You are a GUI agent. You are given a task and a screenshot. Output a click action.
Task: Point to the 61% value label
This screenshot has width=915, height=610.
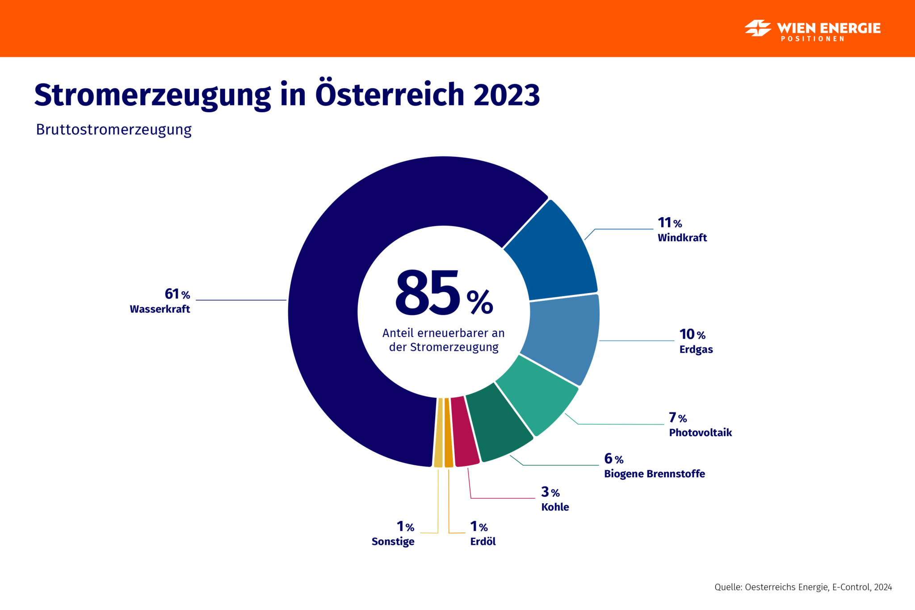tap(177, 294)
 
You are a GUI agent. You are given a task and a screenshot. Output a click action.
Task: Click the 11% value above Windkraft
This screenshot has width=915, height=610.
tap(669, 223)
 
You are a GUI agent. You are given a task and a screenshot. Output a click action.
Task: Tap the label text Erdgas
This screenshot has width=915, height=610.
tap(696, 349)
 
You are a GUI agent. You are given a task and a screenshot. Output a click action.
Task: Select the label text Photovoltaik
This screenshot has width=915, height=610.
tap(700, 433)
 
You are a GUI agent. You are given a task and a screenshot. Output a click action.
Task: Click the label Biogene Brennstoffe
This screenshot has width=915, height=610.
tap(654, 474)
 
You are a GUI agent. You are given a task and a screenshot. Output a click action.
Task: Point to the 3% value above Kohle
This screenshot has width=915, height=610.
tap(550, 492)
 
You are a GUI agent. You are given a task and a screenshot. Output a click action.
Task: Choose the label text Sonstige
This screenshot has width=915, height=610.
tap(393, 542)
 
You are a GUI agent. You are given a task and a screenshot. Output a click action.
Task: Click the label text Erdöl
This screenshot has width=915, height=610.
tap(483, 542)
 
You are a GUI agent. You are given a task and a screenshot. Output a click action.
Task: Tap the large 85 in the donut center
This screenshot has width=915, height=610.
tap(427, 294)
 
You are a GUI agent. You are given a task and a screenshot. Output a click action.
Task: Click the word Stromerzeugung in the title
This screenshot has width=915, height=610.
tap(152, 95)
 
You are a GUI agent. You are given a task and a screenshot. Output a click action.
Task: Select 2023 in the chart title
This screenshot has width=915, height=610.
tap(506, 95)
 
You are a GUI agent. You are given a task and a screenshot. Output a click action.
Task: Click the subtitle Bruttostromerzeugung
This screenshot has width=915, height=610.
tap(113, 130)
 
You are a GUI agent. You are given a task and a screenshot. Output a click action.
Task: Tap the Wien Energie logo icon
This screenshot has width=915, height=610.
tap(758, 28)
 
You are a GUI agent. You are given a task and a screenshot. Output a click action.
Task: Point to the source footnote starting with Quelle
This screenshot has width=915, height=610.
tap(803, 587)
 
